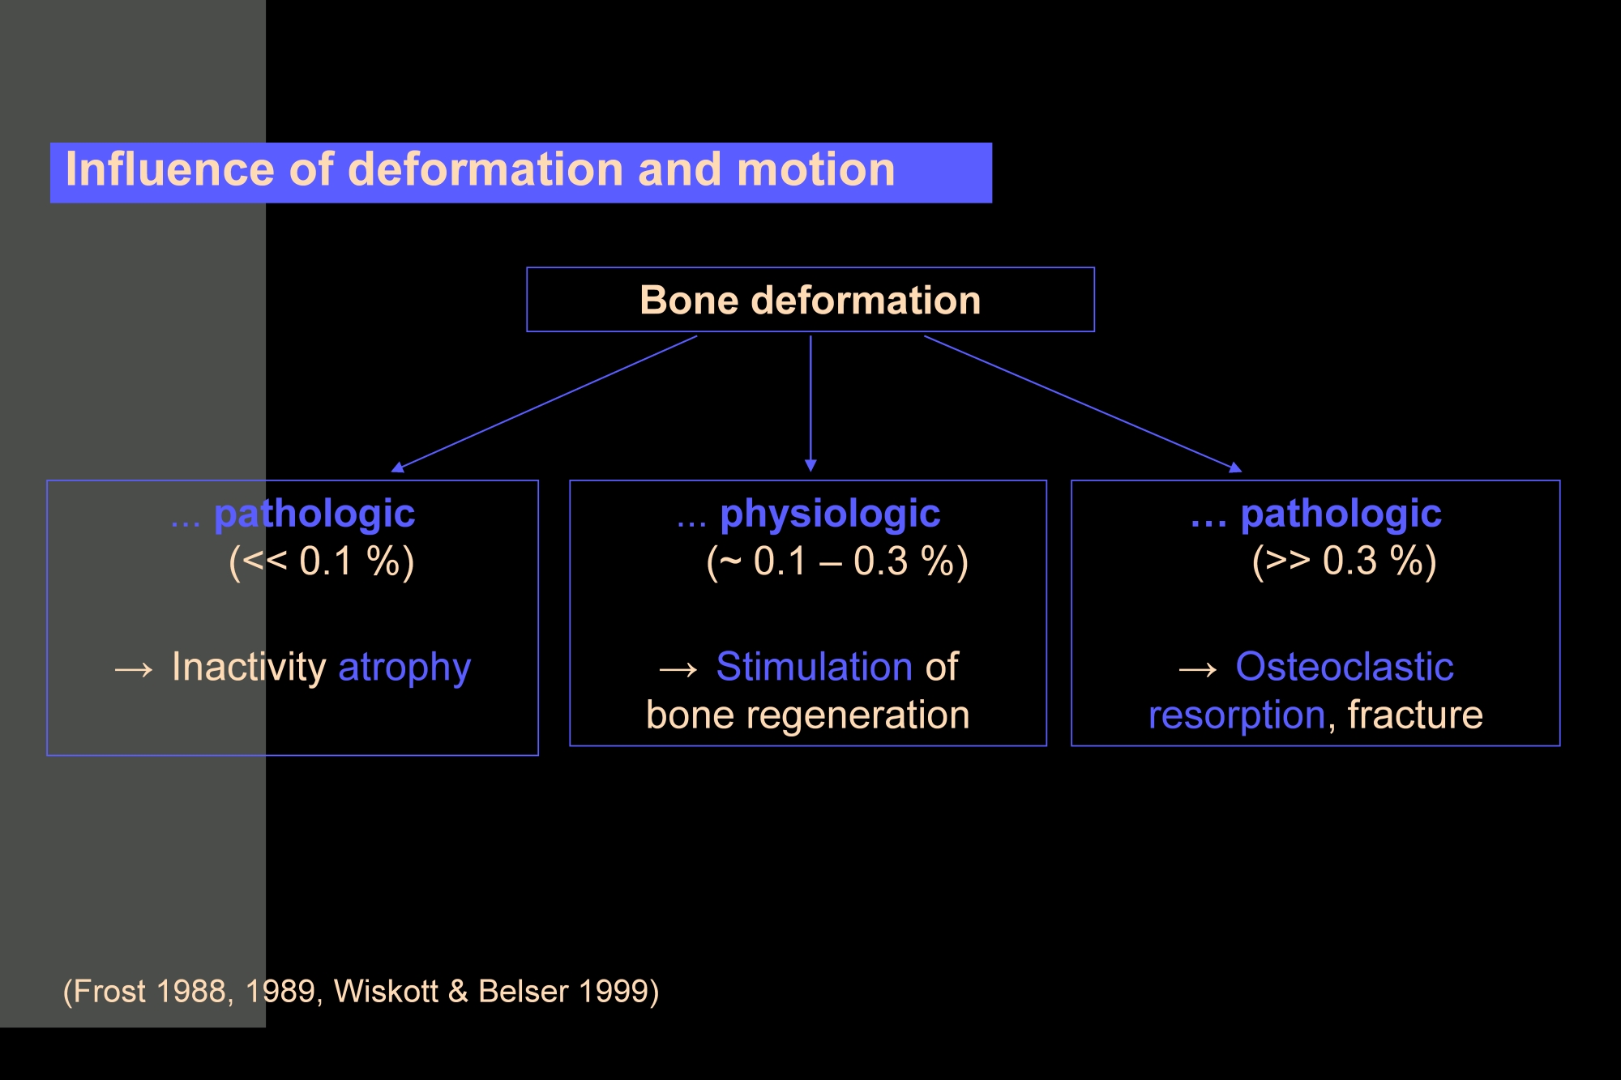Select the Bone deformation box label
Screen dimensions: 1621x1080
coord(810,300)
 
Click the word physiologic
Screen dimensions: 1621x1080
coord(830,514)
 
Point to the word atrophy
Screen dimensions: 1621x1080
coord(404,668)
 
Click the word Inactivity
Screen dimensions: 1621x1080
coord(249,668)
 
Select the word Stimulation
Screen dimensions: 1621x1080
coord(815,667)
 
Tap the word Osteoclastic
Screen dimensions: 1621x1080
coord(1345,667)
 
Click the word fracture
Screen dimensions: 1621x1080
coord(1415,715)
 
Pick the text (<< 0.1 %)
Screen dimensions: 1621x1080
coord(322,561)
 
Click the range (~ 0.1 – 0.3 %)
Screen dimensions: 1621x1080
coord(837,561)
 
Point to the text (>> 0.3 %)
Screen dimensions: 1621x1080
coord(1345,561)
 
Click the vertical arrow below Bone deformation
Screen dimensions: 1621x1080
coord(810,403)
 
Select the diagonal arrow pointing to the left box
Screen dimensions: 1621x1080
coord(544,403)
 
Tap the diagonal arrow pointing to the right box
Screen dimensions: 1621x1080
coord(1083,403)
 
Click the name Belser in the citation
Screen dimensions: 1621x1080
coord(523,991)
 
